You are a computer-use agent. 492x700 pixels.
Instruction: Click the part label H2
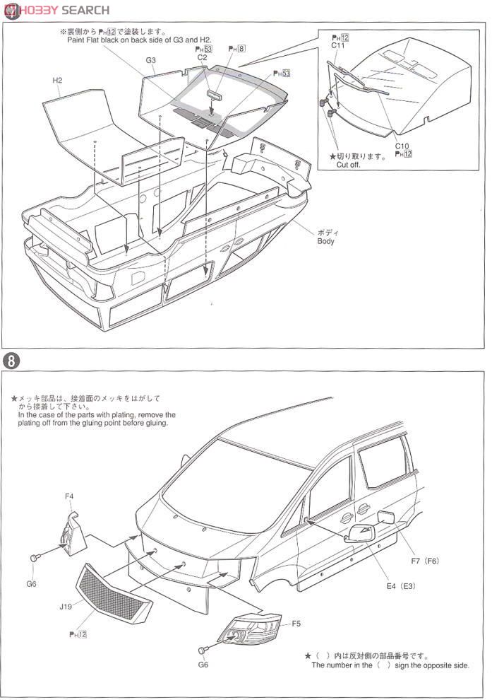point(57,81)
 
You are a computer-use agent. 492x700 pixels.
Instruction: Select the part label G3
point(151,61)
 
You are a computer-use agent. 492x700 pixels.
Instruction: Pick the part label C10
point(402,146)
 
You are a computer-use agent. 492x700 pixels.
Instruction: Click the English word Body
point(325,241)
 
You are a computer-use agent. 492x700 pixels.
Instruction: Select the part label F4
point(69,496)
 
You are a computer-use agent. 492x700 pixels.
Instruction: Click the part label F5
point(296,624)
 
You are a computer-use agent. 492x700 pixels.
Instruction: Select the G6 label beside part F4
point(31,584)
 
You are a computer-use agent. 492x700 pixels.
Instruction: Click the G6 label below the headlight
point(203,665)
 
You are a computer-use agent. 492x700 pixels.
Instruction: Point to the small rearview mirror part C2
point(215,93)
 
